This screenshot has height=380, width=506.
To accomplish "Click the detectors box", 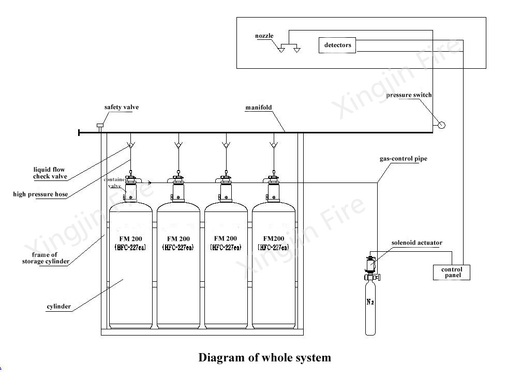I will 337,45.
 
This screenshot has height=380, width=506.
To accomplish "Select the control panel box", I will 451,272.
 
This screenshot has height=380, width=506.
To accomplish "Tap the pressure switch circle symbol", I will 441,125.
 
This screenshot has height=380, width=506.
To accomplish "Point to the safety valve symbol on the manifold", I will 100,127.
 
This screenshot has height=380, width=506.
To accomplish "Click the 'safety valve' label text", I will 122,108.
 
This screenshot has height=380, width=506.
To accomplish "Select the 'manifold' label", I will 258,108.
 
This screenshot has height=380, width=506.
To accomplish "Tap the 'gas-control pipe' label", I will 404,159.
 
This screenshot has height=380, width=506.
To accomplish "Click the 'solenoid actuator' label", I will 416,243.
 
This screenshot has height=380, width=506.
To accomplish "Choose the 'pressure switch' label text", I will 409,95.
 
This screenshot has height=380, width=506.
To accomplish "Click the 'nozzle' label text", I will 264,36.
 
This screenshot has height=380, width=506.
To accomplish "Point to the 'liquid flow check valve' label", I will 50,173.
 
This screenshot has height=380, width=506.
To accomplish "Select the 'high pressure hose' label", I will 40,194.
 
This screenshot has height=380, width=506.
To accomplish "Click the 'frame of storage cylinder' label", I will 45,258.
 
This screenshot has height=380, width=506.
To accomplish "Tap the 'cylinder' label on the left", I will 58,307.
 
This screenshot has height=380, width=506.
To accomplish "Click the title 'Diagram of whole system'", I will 264,357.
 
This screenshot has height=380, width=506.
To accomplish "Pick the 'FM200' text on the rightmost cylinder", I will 273,239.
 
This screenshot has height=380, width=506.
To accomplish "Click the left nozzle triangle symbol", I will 281,50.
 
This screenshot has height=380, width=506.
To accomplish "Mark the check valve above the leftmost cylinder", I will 130,145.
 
